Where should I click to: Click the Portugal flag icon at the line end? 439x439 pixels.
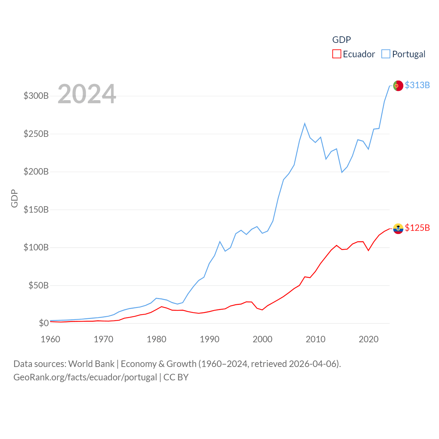[398, 85]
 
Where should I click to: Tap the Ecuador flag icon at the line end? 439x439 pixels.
[398, 228]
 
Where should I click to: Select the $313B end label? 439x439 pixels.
[417, 85]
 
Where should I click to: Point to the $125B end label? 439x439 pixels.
[417, 228]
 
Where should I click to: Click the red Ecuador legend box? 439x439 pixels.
[337, 54]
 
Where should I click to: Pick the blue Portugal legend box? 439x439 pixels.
[386, 54]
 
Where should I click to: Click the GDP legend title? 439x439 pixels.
[341, 40]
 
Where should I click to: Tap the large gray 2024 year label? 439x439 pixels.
[87, 94]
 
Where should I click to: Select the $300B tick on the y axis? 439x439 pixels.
[36, 96]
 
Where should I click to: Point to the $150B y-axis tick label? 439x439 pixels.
[36, 210]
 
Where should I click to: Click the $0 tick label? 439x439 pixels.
[44, 323]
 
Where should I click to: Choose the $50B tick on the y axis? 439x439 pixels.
[38, 285]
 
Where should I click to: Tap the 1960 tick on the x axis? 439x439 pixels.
[50, 339]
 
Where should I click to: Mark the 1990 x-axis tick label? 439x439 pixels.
[210, 339]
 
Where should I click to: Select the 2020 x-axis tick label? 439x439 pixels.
[368, 339]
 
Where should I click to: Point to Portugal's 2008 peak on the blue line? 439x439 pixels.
[305, 123]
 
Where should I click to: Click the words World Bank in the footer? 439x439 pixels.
[91, 364]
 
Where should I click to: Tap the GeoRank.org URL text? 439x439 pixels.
[85, 377]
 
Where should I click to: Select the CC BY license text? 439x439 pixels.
[176, 377]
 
